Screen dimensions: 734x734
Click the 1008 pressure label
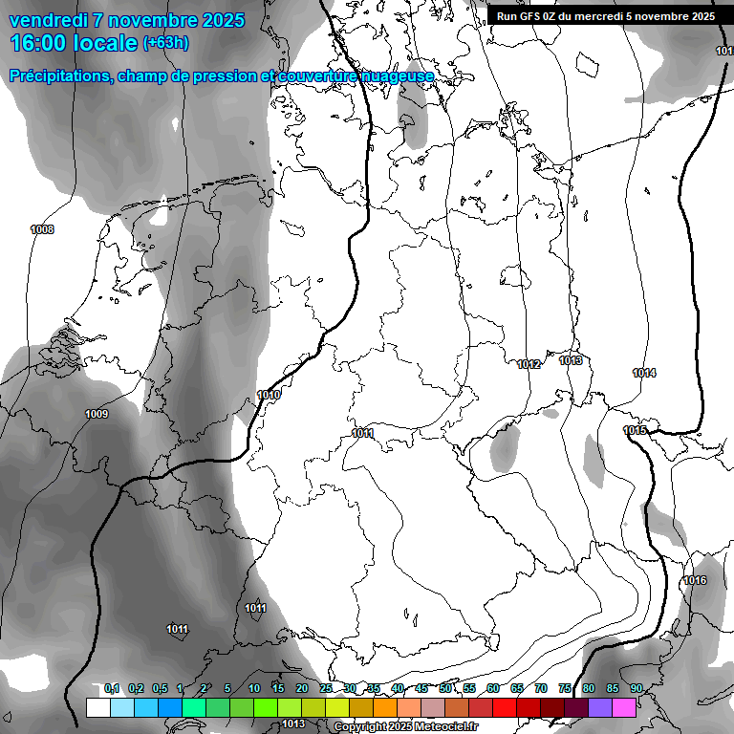pyautogui.click(x=42, y=229)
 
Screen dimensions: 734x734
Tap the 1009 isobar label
pyautogui.click(x=97, y=414)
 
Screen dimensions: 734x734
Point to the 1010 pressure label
pyautogui.click(x=269, y=395)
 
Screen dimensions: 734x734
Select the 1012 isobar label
pyautogui.click(x=529, y=364)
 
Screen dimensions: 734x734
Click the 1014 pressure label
pyautogui.click(x=644, y=373)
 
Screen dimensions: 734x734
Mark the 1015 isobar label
pyautogui.click(x=636, y=431)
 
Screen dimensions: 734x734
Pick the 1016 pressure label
pyautogui.click(x=695, y=581)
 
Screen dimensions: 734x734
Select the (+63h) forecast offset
pyautogui.click(x=165, y=43)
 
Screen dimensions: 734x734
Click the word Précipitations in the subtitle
pyautogui.click(x=57, y=76)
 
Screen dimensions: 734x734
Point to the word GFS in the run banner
pyautogui.click(x=533, y=16)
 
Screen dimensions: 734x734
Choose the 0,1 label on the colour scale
pyautogui.click(x=112, y=689)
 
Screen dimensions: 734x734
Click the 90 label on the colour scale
pyautogui.click(x=636, y=689)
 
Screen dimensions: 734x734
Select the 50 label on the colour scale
pyautogui.click(x=445, y=689)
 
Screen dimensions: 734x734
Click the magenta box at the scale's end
pyautogui.click(x=624, y=707)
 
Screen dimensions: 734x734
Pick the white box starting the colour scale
pyautogui.click(x=97, y=707)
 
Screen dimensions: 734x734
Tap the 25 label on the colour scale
pyautogui.click(x=326, y=689)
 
